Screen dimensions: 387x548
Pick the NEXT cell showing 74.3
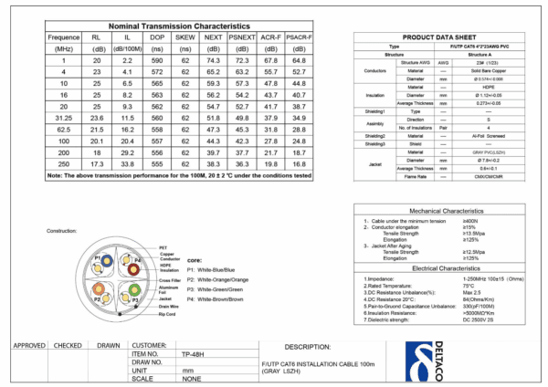coord(214,59)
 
